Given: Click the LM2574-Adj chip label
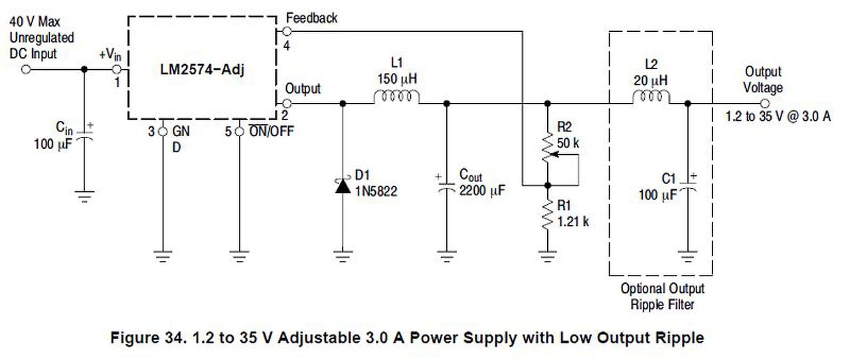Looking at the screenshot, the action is (x=203, y=70).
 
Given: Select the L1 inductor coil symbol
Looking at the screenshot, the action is (x=397, y=96).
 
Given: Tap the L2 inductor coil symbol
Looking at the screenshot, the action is (x=651, y=96).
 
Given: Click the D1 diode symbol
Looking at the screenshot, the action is (x=343, y=186).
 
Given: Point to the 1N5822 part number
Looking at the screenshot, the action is (x=376, y=191).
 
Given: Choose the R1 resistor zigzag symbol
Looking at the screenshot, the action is (x=547, y=215).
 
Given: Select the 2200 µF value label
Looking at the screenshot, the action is (x=482, y=191).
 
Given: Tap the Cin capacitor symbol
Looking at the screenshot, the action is (x=84, y=136).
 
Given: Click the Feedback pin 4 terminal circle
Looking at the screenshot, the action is (x=288, y=31).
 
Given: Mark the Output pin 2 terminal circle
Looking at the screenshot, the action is (x=288, y=104).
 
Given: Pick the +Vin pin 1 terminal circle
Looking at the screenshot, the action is (x=117, y=70).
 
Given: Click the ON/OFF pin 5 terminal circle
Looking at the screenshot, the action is (x=239, y=132).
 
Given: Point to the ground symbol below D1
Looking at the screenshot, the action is (x=343, y=256).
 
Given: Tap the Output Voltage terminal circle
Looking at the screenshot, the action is (x=765, y=104).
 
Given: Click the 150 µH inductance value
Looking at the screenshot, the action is (x=397, y=79).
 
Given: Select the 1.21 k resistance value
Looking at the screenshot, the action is (x=573, y=221).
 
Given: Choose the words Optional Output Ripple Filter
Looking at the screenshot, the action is (x=662, y=297).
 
